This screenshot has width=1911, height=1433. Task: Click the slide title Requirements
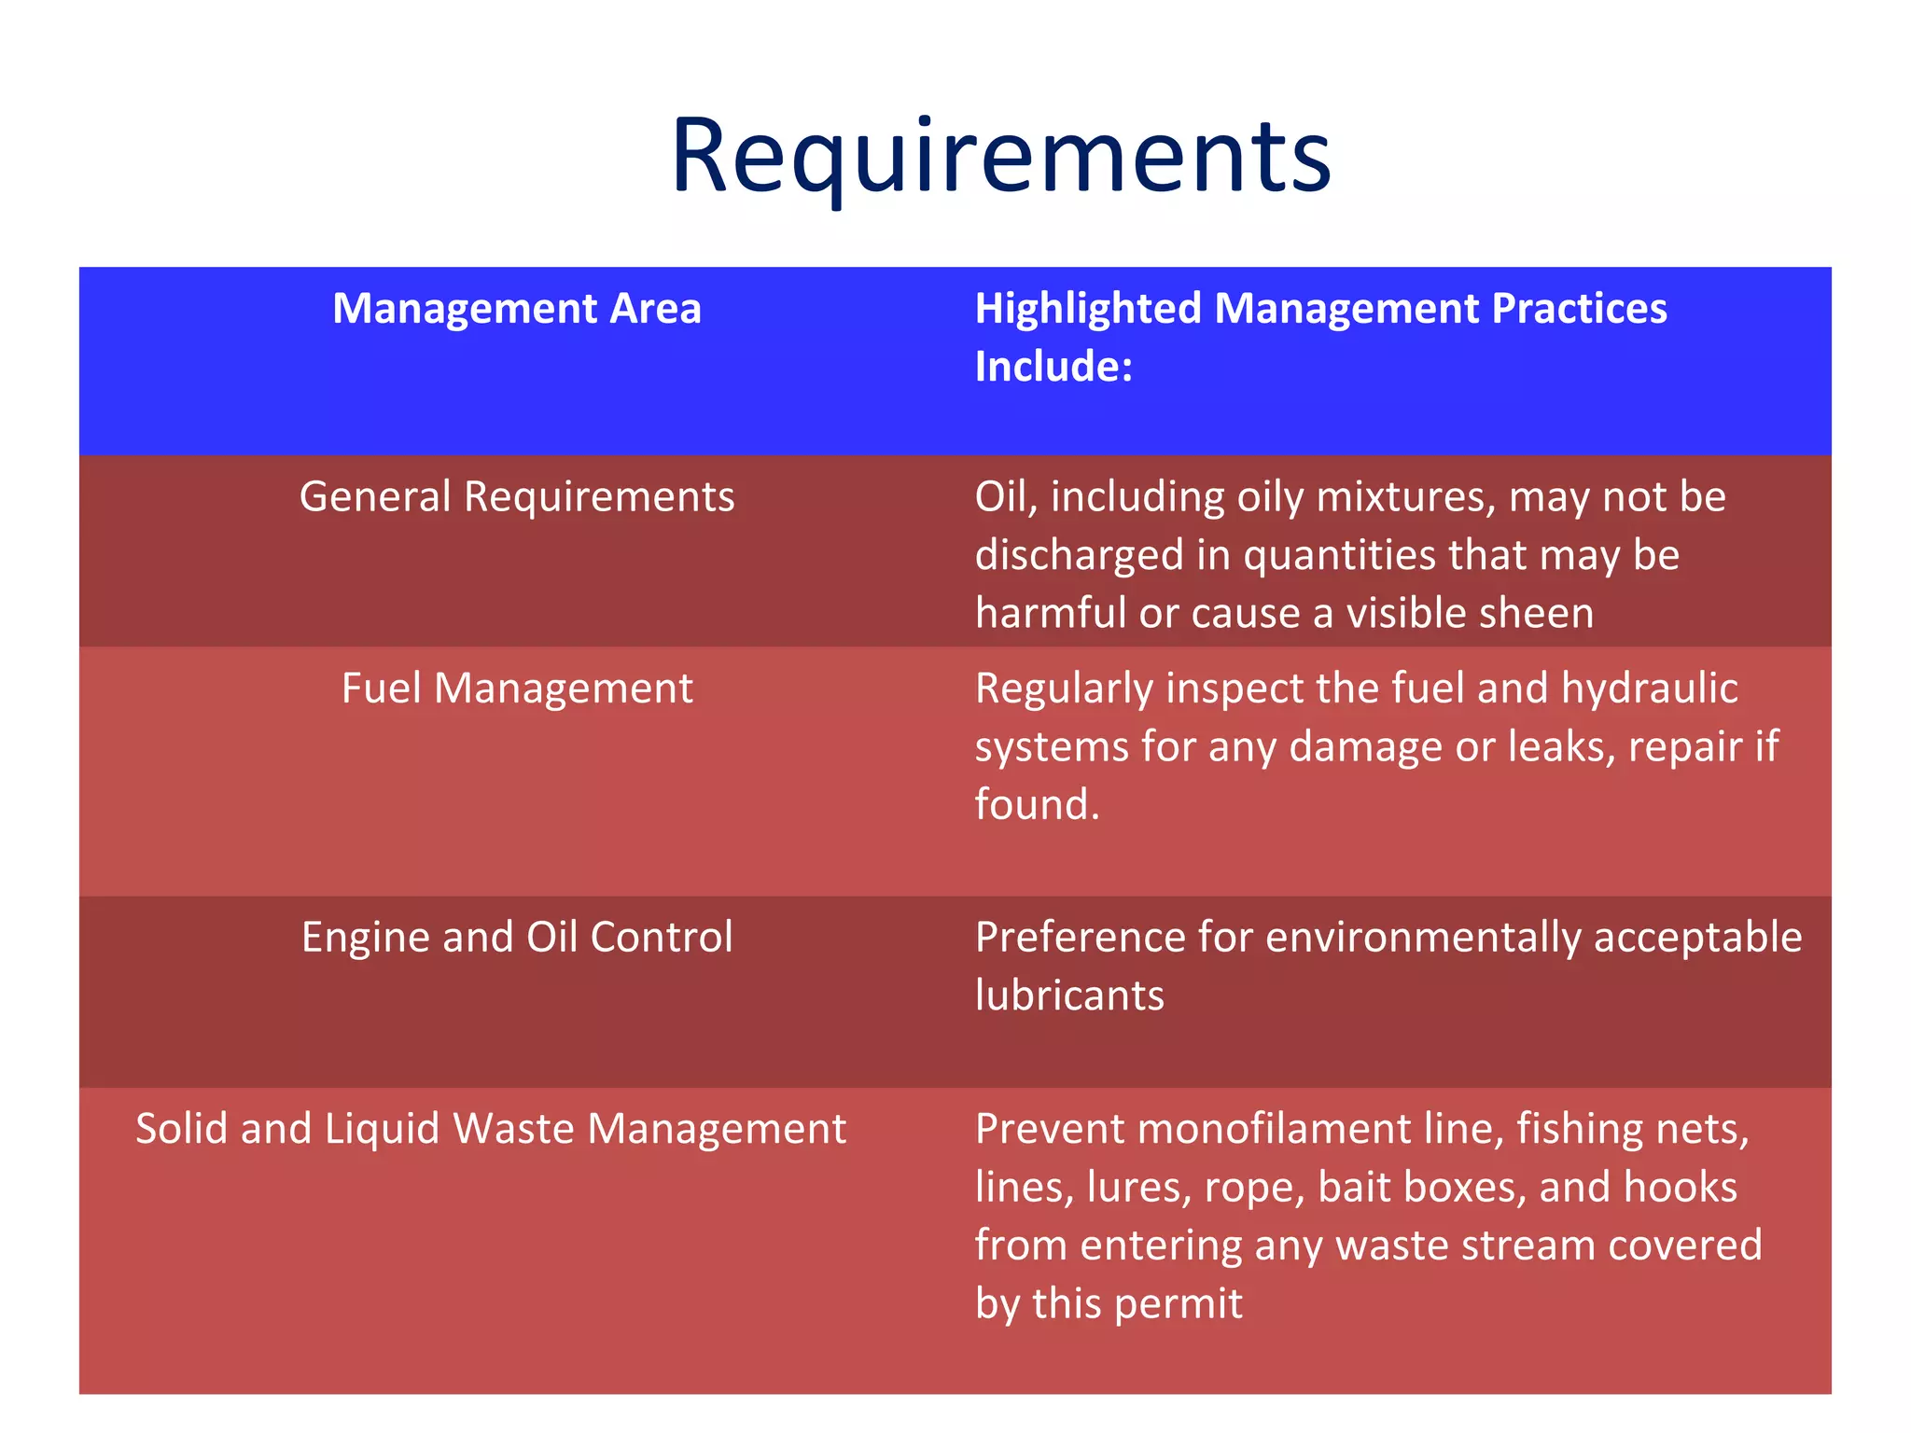[x=1000, y=156]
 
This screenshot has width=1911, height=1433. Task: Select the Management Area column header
[x=516, y=309]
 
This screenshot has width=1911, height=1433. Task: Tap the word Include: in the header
[x=1053, y=367]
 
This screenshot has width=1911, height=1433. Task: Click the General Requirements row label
[x=516, y=497]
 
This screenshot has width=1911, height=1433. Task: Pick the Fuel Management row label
[x=516, y=689]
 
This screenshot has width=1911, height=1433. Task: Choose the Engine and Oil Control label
[x=516, y=938]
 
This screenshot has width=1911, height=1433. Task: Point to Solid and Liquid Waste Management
[x=491, y=1129]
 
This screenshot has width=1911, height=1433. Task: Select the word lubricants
[x=1069, y=996]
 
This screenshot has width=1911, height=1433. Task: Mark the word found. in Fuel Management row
[x=1037, y=805]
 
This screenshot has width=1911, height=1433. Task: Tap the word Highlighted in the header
[x=1088, y=309]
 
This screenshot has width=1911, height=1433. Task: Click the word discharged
[x=1079, y=556]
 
